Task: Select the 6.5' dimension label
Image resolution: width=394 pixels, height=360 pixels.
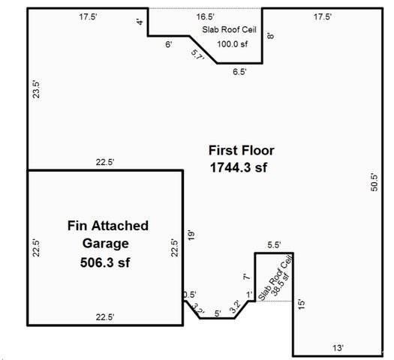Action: (240, 72)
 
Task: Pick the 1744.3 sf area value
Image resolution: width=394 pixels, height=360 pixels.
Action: (238, 168)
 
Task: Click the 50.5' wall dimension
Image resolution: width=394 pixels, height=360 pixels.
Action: (374, 184)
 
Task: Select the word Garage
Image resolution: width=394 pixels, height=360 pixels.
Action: (108, 244)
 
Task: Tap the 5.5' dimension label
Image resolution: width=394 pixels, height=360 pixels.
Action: (273, 245)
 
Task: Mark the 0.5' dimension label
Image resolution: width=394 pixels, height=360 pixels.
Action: (190, 295)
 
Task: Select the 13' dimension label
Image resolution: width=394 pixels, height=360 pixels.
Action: (338, 348)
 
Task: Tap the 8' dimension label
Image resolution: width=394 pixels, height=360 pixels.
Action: (269, 34)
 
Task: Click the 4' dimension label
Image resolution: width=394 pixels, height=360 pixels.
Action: (140, 22)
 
